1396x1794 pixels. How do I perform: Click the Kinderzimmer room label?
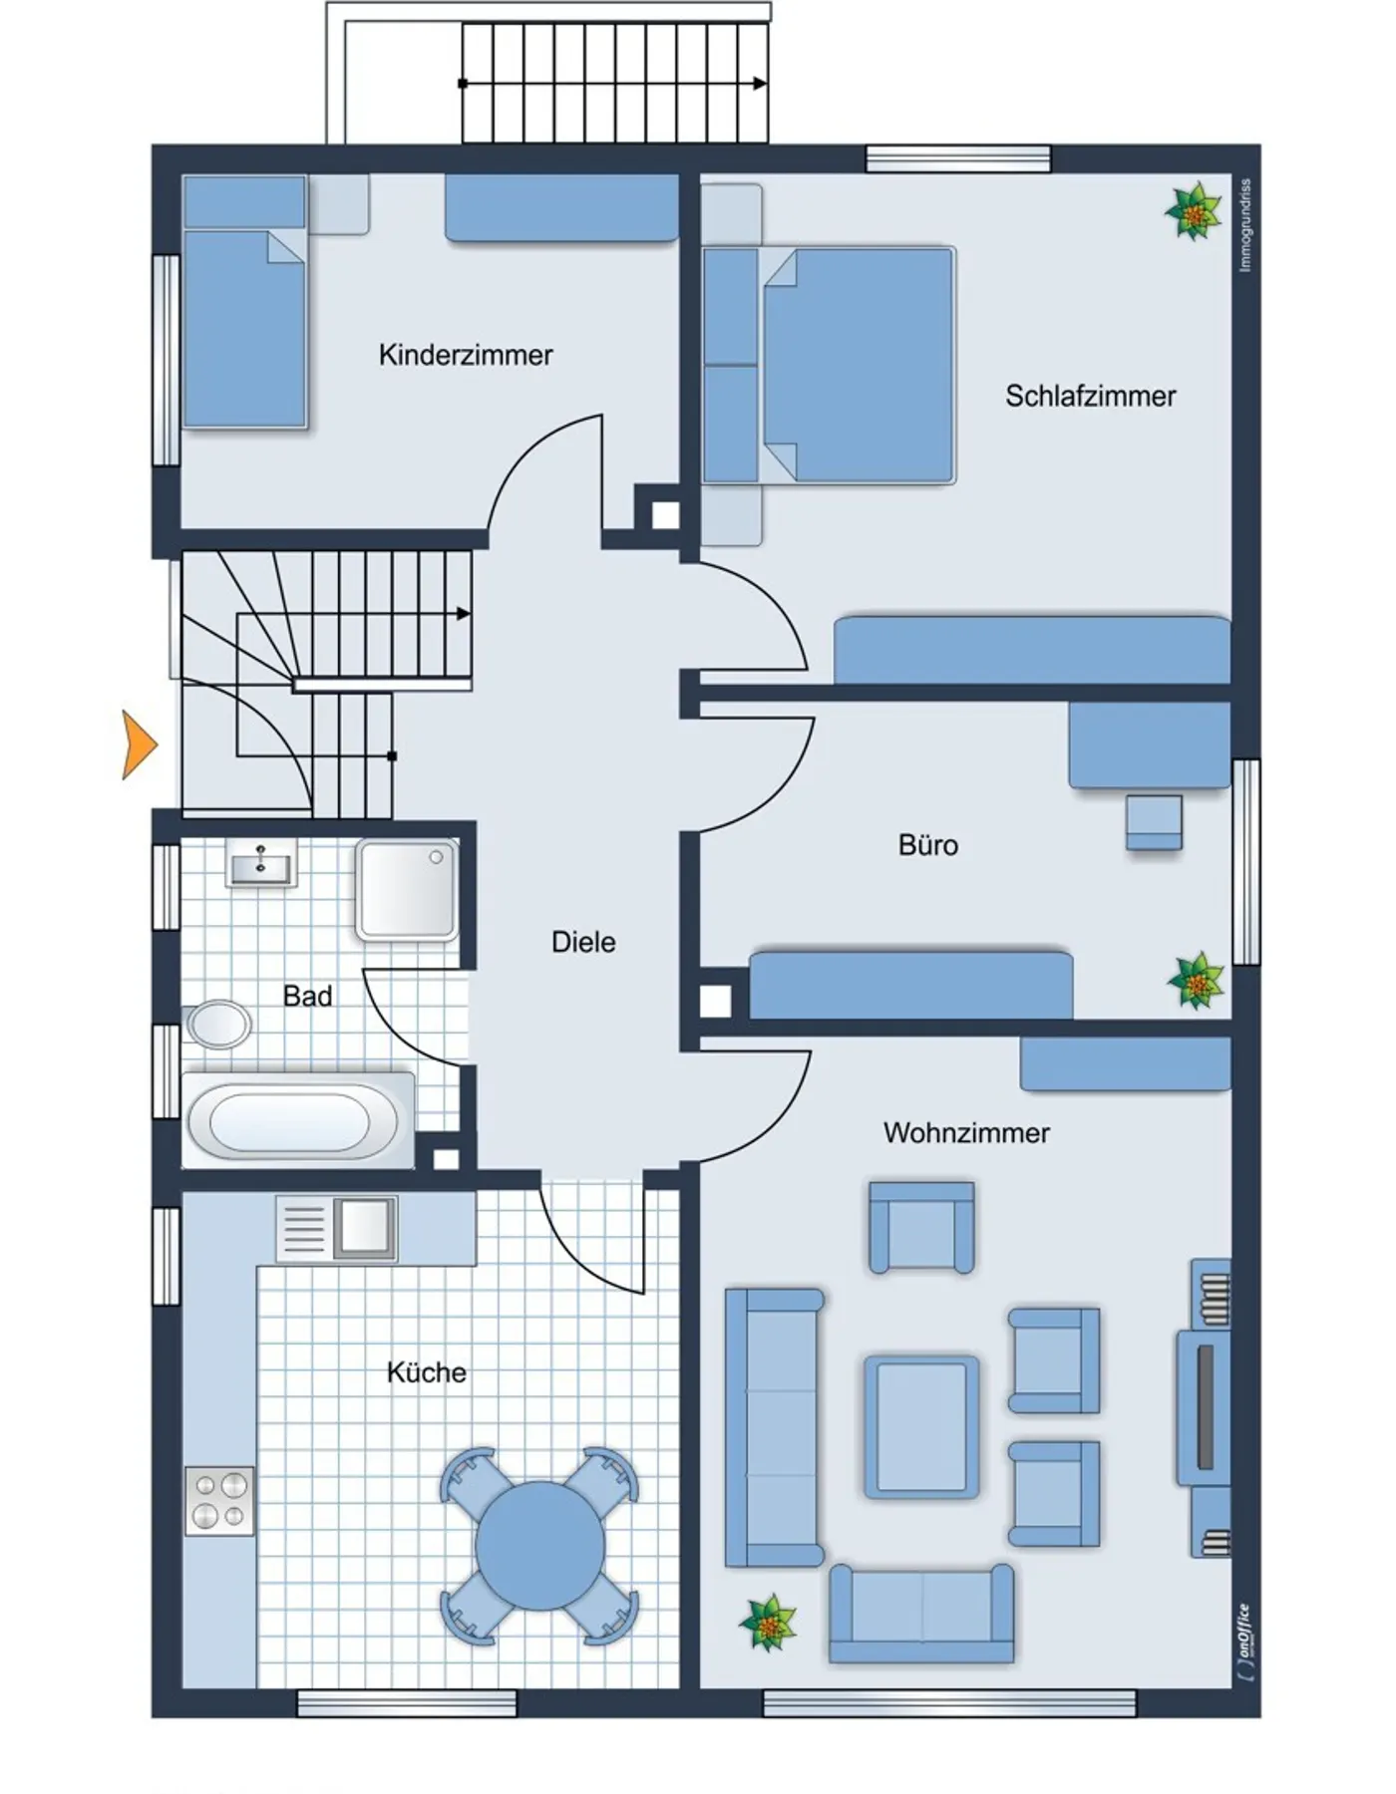466,355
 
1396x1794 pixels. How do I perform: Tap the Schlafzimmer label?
1090,396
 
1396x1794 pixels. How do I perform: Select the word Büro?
928,845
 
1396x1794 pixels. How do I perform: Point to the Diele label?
583,942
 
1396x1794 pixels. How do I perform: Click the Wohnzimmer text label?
966,1133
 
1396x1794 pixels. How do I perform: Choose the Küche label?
427,1372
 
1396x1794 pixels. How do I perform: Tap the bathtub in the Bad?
297,1120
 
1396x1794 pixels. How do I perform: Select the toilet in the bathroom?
217,1024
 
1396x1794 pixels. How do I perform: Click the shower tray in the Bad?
407,890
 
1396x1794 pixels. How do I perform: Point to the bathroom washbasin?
261,863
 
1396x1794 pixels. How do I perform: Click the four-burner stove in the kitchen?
219,1501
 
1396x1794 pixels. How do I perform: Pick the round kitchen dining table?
539,1546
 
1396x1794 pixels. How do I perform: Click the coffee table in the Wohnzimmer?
921,1426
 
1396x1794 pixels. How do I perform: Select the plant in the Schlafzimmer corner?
1194,211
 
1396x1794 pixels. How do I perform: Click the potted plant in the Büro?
1196,981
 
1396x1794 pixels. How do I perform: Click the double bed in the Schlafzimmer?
830,365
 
